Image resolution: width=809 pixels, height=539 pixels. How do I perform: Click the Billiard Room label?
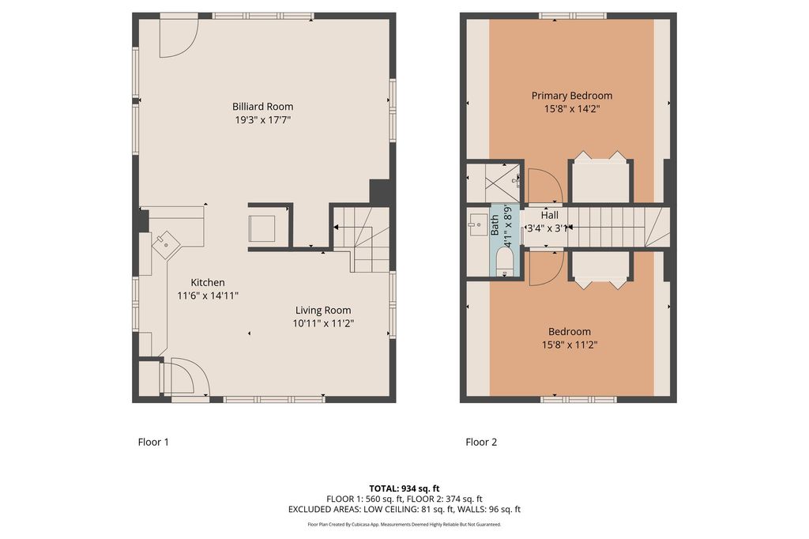click(262, 107)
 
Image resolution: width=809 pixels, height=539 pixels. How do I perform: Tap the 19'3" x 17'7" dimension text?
click(262, 120)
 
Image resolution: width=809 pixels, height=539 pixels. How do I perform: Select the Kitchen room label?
click(208, 282)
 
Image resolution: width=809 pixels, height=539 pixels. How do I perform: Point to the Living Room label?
click(323, 311)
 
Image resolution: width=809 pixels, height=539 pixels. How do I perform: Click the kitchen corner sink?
click(166, 243)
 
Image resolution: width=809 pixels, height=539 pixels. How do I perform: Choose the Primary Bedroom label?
click(572, 96)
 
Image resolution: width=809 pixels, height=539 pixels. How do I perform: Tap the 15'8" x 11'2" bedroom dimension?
click(569, 345)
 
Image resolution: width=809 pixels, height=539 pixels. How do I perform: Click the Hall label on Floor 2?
click(550, 215)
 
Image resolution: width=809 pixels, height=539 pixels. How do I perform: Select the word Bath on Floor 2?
click(495, 225)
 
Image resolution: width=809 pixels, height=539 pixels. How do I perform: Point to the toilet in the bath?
click(504, 262)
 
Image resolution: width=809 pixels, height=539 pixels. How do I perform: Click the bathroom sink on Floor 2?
click(478, 224)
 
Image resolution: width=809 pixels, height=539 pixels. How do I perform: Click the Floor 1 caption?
click(153, 442)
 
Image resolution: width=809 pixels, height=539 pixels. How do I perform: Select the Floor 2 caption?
click(481, 442)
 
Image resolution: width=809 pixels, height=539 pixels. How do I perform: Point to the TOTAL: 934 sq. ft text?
click(404, 488)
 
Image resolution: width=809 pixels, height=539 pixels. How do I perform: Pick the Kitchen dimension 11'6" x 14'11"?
click(208, 296)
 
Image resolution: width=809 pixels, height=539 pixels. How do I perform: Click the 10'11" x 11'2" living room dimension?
click(323, 324)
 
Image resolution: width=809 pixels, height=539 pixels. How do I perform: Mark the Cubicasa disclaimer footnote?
click(404, 525)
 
